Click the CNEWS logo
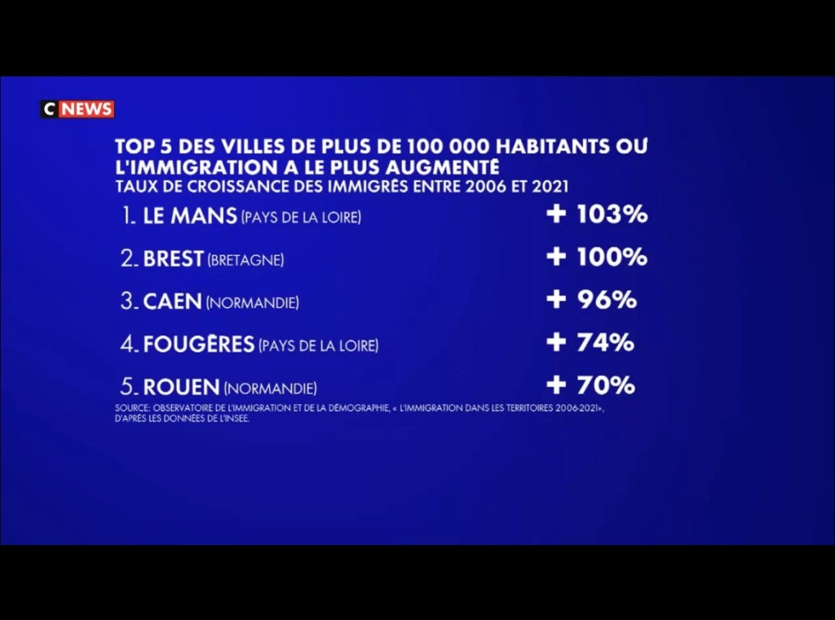tap(77, 109)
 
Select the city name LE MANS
tap(190, 217)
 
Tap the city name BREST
tap(173, 259)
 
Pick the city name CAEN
tap(172, 302)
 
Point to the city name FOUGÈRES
tap(199, 345)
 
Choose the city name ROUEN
tap(181, 387)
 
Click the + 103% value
tap(597, 215)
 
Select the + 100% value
tap(597, 257)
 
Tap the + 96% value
tap(591, 299)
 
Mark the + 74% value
tap(590, 343)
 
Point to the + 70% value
tap(590, 385)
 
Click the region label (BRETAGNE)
tap(245, 261)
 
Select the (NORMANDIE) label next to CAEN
tap(252, 303)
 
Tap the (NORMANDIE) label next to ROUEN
tap(270, 389)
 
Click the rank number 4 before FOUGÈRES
tap(127, 345)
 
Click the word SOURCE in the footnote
tap(130, 408)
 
